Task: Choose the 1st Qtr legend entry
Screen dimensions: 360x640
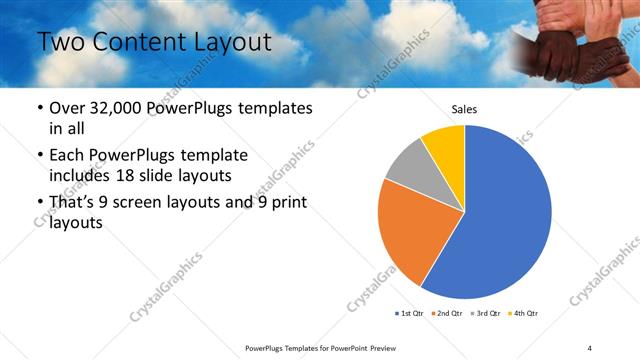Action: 409,314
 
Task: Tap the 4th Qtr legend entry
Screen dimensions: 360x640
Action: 524,314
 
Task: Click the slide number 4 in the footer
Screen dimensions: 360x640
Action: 589,347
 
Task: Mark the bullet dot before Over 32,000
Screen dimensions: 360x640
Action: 39,108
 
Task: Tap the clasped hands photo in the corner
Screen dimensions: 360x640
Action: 580,40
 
